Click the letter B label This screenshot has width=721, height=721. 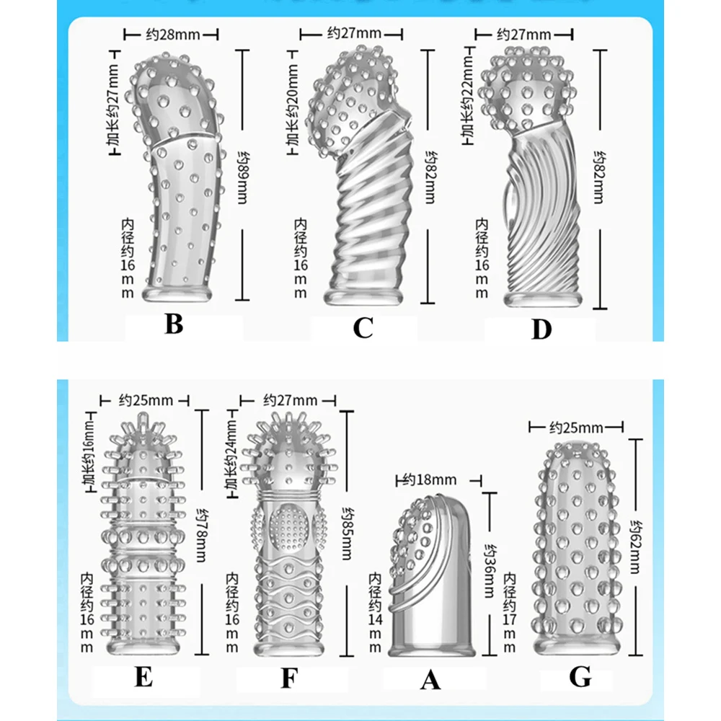[173, 324]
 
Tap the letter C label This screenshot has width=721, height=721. [363, 328]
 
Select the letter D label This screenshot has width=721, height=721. [541, 329]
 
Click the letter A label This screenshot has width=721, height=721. [430, 680]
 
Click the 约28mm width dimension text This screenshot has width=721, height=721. [172, 34]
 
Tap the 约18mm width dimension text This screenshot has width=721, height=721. [430, 479]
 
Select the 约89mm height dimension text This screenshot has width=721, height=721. [243, 174]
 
